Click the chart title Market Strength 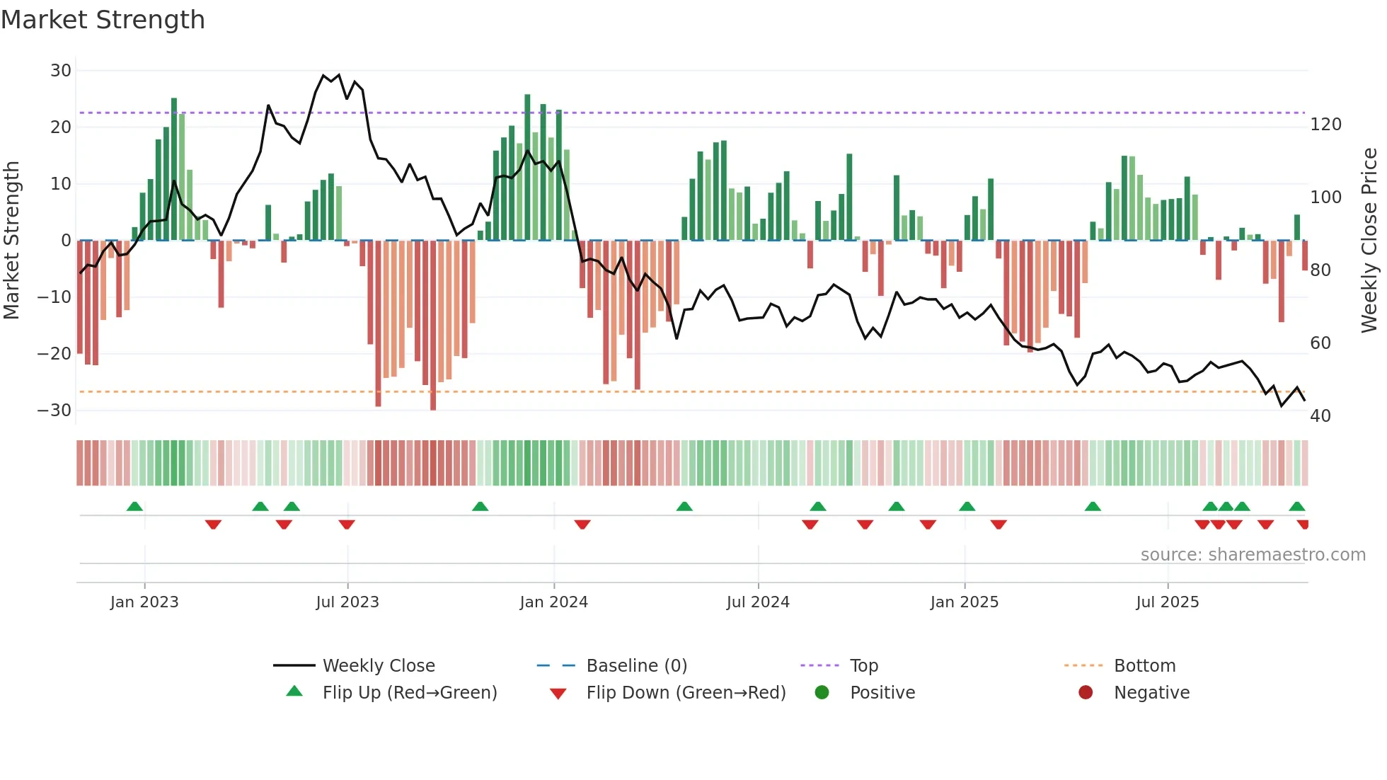(103, 20)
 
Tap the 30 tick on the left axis (61, 71)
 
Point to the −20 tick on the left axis (55, 354)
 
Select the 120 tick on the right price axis (1325, 125)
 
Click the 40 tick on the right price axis (1320, 416)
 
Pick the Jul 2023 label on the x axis (347, 602)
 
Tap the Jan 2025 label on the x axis (964, 602)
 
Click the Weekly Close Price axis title (1369, 241)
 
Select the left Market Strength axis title (11, 241)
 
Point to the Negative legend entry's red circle (1086, 693)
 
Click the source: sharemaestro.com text (1253, 555)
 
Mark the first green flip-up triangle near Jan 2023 (134, 506)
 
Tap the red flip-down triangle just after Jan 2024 (582, 524)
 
